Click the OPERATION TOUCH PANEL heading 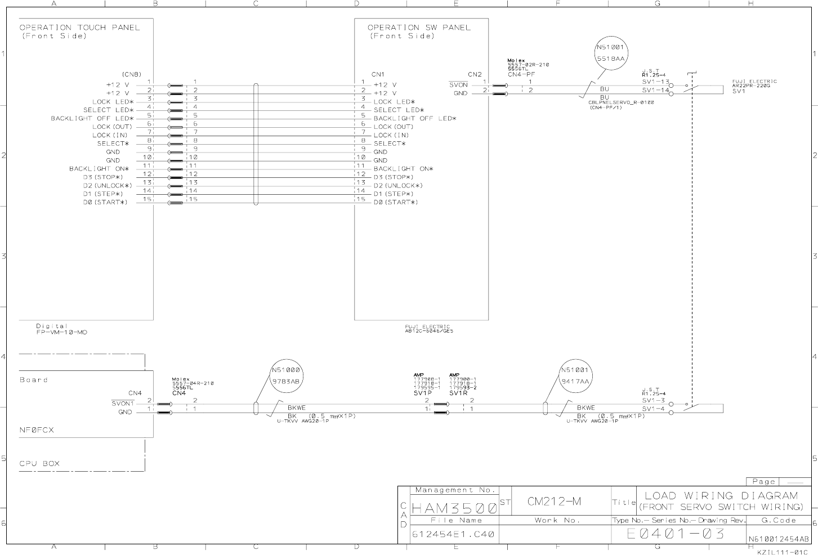point(79,27)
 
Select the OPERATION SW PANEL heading point(419,27)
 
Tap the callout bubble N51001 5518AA point(611,53)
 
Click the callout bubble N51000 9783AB point(287,375)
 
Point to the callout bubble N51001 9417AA point(575,375)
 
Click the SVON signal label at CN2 point(458,85)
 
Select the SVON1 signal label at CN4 point(123,404)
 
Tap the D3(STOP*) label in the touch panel point(103,177)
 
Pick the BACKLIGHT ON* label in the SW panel point(403,169)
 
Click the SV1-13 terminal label point(655,82)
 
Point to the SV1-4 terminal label point(653,409)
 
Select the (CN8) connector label point(131,74)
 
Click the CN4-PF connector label point(521,74)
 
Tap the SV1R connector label point(458,393)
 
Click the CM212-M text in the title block point(554,502)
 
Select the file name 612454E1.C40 point(453,534)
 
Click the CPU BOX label point(39,464)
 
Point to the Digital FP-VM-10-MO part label point(61,329)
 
